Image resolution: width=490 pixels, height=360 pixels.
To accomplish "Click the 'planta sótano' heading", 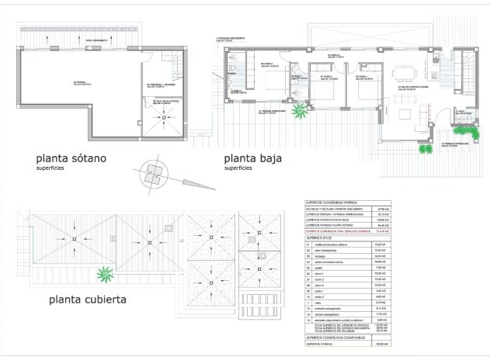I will pos(75,157).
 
